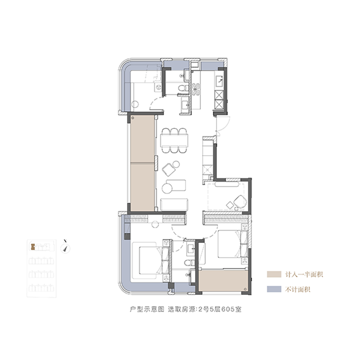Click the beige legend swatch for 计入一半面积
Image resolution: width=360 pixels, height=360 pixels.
click(x=274, y=274)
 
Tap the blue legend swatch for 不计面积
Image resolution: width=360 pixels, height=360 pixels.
click(x=274, y=289)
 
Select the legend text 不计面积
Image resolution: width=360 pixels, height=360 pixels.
click(x=298, y=289)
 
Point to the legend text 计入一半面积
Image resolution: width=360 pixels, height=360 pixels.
click(x=304, y=274)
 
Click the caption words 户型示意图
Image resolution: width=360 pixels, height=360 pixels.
click(x=147, y=309)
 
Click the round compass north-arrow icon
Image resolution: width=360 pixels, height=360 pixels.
click(x=66, y=248)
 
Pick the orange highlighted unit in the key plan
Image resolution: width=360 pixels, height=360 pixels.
click(x=32, y=247)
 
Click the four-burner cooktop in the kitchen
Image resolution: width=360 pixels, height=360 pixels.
click(x=196, y=89)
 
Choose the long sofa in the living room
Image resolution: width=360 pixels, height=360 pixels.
click(x=174, y=204)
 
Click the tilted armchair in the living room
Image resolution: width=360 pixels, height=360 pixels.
click(x=168, y=170)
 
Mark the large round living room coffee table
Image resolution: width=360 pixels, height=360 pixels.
click(x=167, y=188)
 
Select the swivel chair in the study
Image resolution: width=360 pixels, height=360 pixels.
click(x=240, y=202)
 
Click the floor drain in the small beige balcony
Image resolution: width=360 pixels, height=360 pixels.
click(x=245, y=289)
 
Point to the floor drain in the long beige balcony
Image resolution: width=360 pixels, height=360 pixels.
click(x=133, y=118)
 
